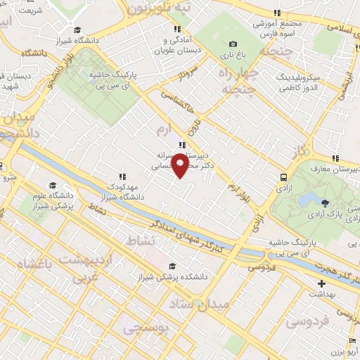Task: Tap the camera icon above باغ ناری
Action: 233,44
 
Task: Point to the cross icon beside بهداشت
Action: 321,285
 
